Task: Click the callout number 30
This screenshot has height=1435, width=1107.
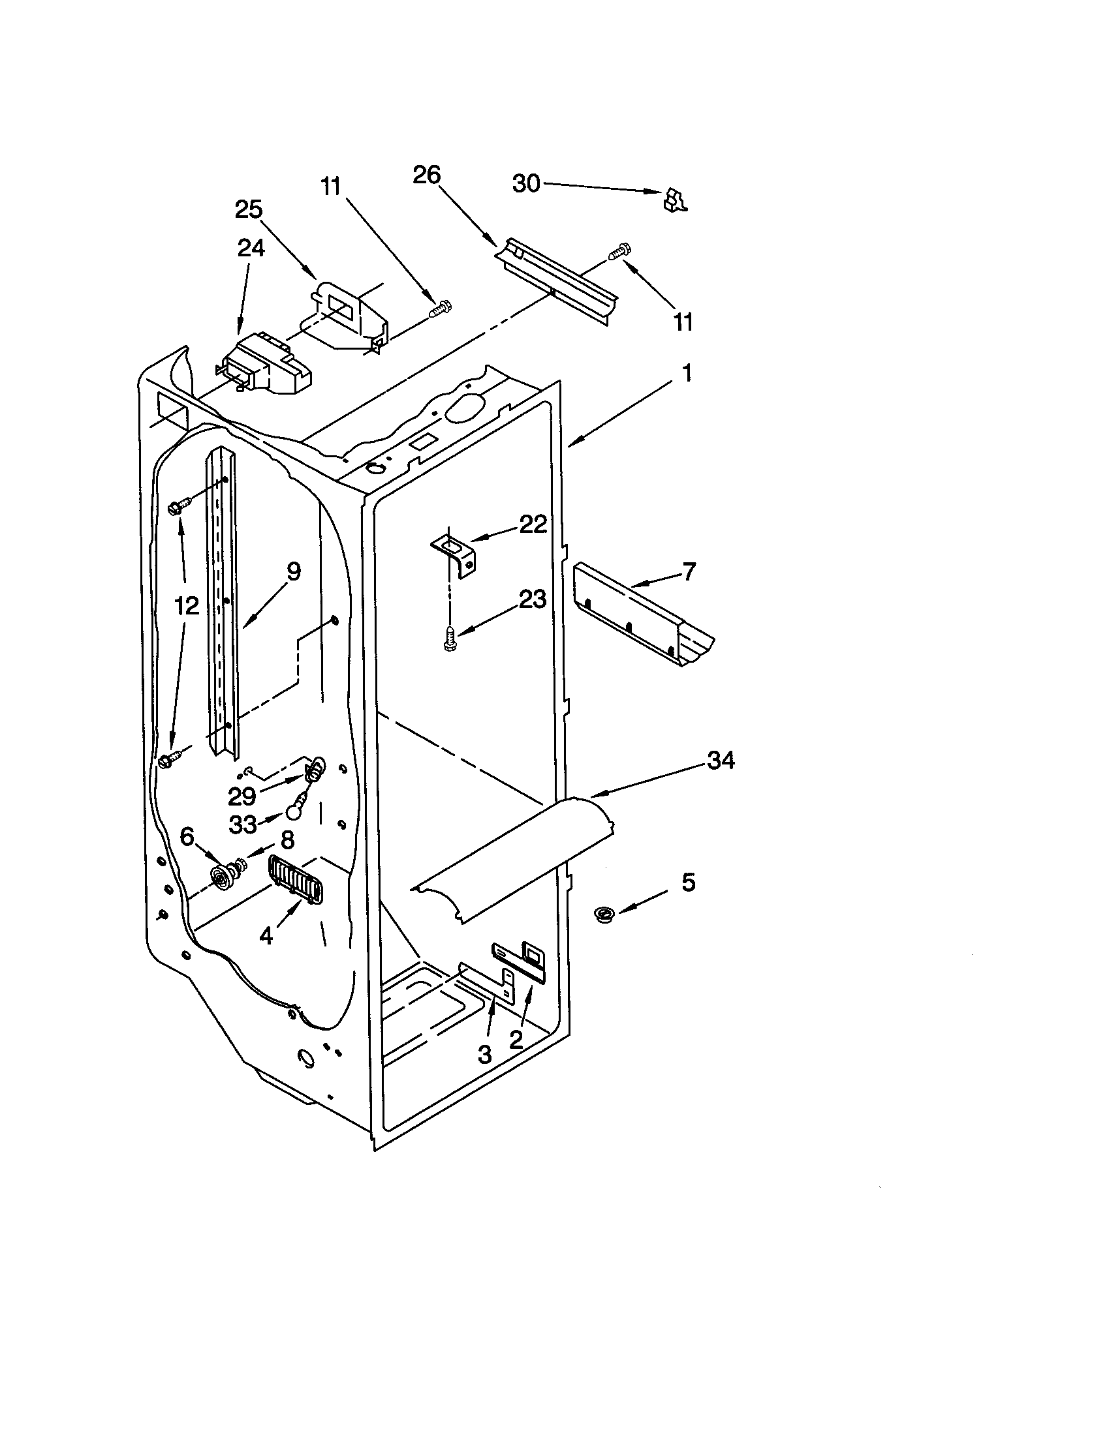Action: [x=526, y=184]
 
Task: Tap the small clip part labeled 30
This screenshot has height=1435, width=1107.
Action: [x=675, y=200]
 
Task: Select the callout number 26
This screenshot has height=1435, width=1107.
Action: [x=427, y=175]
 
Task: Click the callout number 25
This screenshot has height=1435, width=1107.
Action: [x=249, y=209]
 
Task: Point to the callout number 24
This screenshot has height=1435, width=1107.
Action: [x=251, y=248]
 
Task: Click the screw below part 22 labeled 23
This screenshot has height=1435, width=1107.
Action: [x=450, y=638]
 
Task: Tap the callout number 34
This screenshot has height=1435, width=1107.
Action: [x=721, y=760]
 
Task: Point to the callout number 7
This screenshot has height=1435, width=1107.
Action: [x=688, y=571]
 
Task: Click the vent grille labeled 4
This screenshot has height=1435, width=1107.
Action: [x=295, y=881]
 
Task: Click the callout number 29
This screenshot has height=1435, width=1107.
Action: [x=242, y=796]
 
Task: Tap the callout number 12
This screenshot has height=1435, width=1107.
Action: [x=187, y=606]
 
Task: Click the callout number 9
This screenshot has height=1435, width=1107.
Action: [x=293, y=571]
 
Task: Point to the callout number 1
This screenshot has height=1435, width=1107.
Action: [x=687, y=373]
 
